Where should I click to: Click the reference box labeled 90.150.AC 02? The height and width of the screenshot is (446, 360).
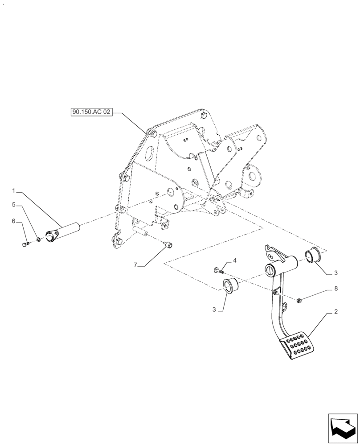click(91, 112)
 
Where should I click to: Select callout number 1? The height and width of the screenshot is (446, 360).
click(14, 191)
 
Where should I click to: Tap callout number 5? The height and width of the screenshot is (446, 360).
click(14, 205)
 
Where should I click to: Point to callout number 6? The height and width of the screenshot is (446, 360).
click(14, 221)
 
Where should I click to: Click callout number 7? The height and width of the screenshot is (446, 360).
click(135, 265)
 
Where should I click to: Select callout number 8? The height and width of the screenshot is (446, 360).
click(336, 289)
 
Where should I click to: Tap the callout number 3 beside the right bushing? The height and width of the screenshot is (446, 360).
click(336, 272)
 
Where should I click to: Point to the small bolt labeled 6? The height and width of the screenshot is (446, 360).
click(25, 244)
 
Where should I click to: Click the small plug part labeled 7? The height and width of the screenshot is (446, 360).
click(168, 244)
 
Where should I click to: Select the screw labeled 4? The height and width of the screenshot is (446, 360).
click(217, 270)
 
